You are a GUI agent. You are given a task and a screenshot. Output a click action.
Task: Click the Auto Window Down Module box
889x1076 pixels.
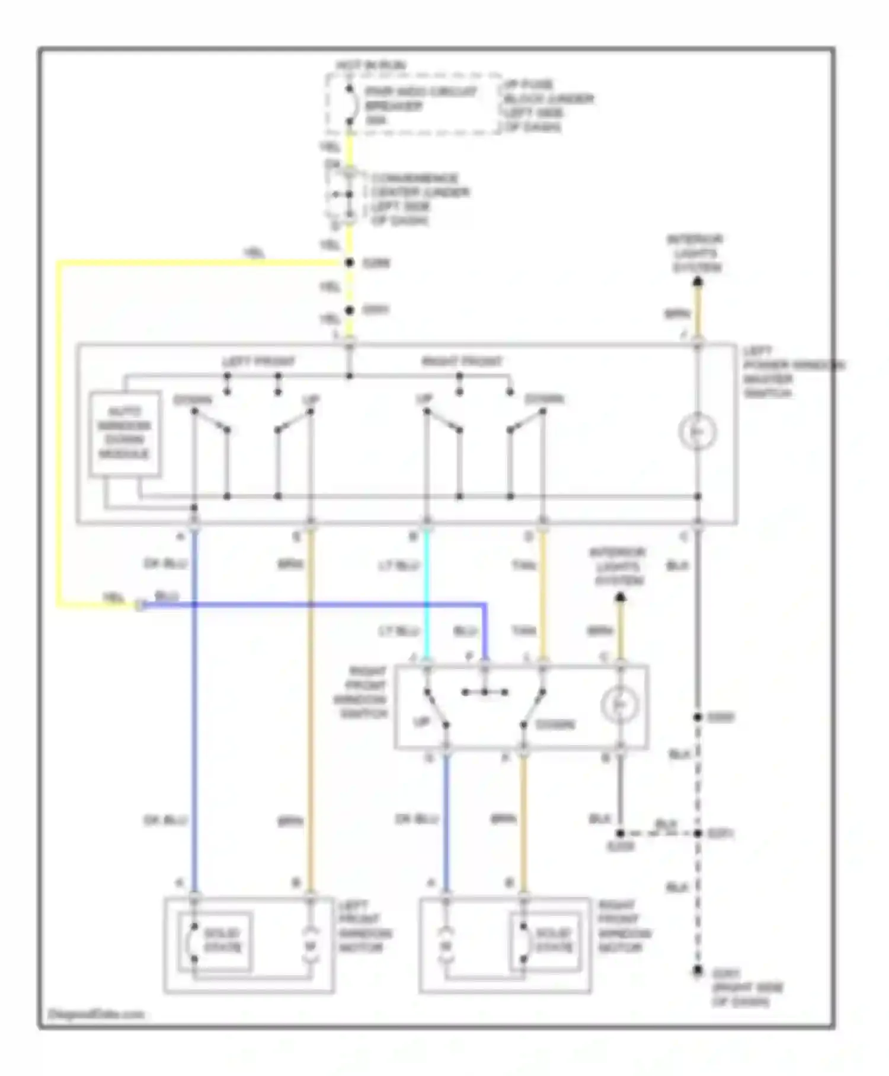pyautogui.click(x=125, y=434)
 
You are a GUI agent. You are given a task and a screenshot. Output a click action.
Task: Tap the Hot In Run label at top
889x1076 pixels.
pyautogui.click(x=371, y=65)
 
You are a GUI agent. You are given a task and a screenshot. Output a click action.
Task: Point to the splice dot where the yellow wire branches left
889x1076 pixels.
pyautogui.click(x=350, y=263)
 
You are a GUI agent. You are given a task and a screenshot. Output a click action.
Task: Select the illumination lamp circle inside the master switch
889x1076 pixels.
pyautogui.click(x=698, y=432)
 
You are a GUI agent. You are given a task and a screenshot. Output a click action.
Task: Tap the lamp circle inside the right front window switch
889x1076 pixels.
pyautogui.click(x=619, y=705)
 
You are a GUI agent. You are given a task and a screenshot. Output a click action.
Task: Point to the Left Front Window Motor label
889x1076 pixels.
pyautogui.click(x=365, y=927)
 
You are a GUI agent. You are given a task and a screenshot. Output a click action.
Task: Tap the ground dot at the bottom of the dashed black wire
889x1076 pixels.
pyautogui.click(x=698, y=971)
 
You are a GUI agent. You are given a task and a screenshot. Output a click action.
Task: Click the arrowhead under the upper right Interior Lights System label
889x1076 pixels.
pyautogui.click(x=698, y=283)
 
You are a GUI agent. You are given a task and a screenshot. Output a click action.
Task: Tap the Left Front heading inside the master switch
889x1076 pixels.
pyautogui.click(x=258, y=361)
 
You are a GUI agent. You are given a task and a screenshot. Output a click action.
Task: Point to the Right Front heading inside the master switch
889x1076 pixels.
pyautogui.click(x=462, y=361)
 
